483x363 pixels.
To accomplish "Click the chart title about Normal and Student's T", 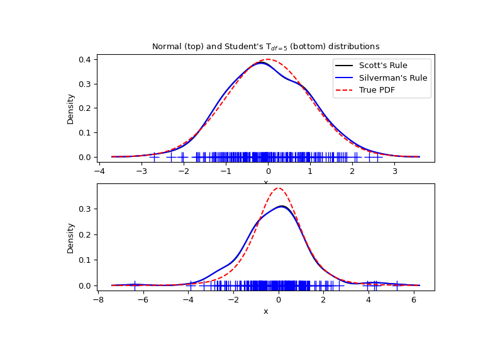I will coord(265,47).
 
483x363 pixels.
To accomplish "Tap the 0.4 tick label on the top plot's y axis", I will coord(85,60).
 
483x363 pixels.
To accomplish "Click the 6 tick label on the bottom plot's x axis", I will coord(414,300).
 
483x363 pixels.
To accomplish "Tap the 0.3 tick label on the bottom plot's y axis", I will coord(85,209).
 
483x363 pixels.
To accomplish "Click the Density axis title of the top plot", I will coord(71,108).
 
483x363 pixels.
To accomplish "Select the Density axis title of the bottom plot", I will coord(71,238).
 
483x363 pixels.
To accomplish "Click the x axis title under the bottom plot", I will coord(265,311).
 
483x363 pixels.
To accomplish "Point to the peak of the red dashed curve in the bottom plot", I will coord(279,188).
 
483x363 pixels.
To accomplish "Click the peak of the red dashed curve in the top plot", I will coord(268,59).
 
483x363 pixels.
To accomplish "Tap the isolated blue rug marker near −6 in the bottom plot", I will coord(135,285).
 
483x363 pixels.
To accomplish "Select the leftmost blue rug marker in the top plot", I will coord(154,156).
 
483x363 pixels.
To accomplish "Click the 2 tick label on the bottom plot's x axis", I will coord(323,300).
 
